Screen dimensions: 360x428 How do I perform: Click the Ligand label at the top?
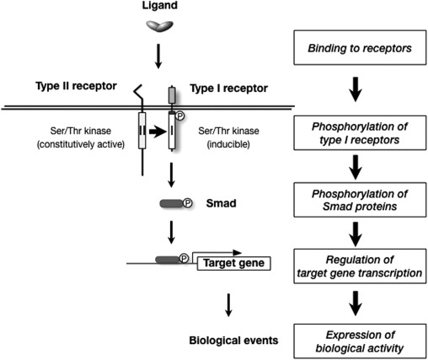(x=158, y=8)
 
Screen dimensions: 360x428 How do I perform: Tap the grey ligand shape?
(x=158, y=28)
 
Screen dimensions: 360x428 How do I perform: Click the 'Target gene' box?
(x=231, y=264)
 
